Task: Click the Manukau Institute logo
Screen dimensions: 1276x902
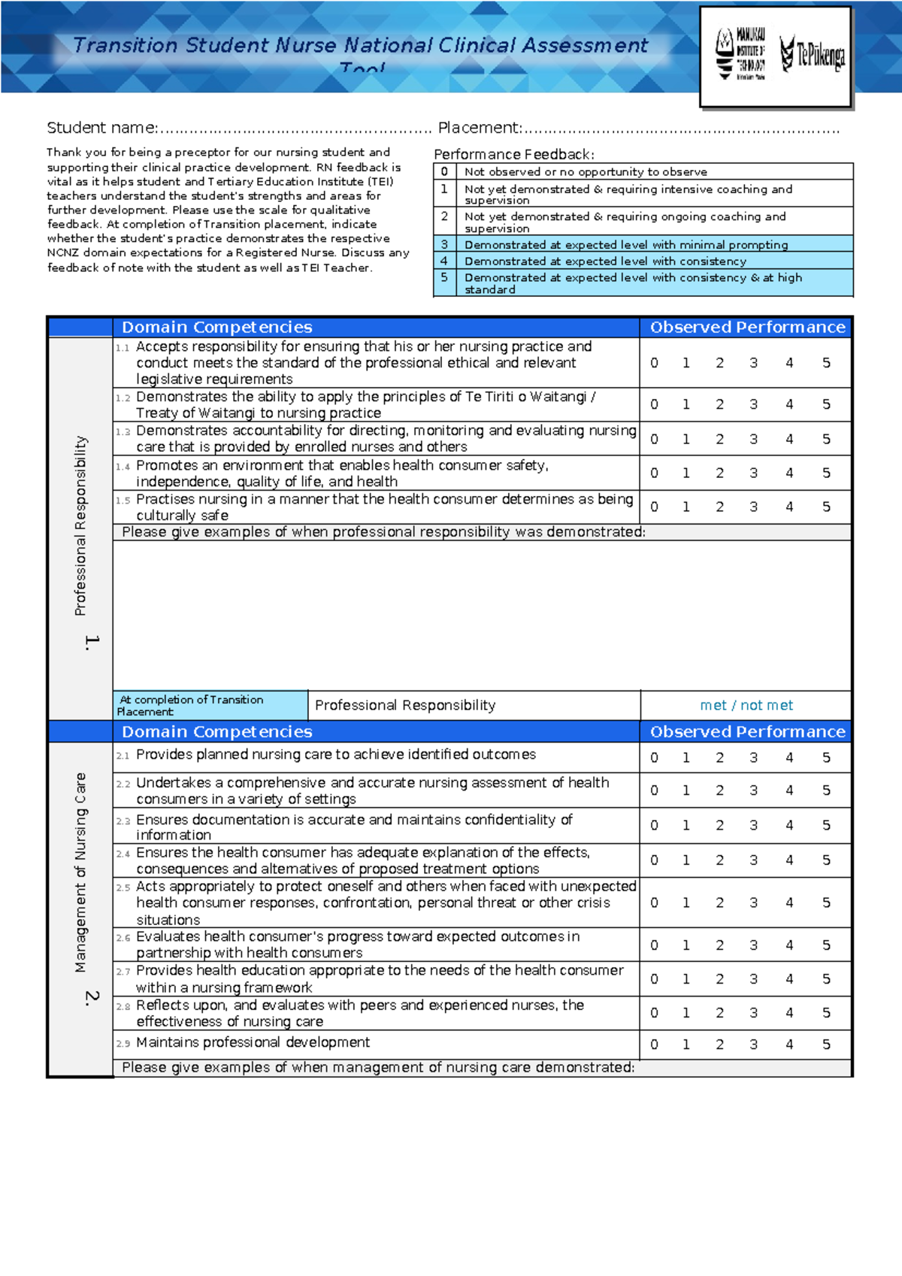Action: click(x=740, y=54)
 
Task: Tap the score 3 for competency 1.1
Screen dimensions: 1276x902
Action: click(x=753, y=363)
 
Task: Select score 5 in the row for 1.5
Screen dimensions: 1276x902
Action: click(x=826, y=506)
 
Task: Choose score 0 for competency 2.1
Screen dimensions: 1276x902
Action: click(x=654, y=757)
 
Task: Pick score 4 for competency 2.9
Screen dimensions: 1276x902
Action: click(x=789, y=1044)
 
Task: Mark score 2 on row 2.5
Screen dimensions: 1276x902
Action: click(x=719, y=903)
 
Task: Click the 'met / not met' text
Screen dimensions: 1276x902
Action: click(x=746, y=705)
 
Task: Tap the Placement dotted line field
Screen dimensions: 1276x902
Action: click(x=680, y=129)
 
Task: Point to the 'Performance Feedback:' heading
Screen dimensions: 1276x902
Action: click(x=513, y=154)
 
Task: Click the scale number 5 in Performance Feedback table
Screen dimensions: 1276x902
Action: click(x=444, y=277)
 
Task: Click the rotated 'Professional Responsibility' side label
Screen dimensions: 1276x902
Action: click(x=80, y=525)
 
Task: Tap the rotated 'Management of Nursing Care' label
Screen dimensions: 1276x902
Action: click(x=80, y=872)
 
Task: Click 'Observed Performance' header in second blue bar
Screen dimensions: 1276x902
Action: click(x=747, y=731)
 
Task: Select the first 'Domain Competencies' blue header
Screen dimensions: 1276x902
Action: click(x=216, y=327)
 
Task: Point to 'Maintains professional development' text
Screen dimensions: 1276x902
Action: click(x=253, y=1042)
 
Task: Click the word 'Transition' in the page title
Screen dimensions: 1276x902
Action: click(x=126, y=45)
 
